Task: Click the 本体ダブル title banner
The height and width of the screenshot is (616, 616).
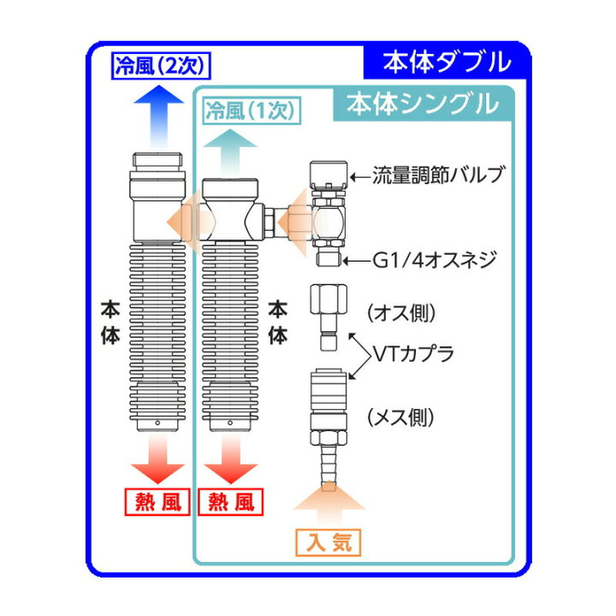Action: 445,61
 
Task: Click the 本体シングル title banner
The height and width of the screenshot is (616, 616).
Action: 422,105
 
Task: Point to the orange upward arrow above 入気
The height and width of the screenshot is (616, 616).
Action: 329,504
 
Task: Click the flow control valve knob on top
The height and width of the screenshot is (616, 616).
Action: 329,173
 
